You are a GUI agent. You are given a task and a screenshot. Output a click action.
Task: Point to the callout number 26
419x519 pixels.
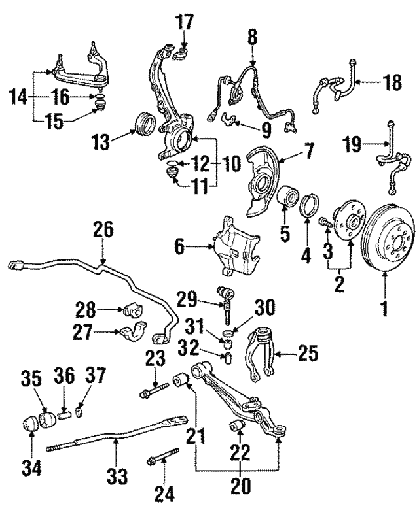[103, 230]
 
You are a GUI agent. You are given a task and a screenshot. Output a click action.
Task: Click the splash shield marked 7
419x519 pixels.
[264, 180]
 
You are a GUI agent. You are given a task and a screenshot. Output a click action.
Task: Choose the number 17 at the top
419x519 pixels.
[185, 22]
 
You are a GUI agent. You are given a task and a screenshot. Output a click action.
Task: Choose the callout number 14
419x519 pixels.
[18, 99]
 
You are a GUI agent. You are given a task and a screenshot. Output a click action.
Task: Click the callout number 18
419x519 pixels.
[392, 83]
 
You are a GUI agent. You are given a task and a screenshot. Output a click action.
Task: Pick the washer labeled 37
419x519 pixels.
[78, 413]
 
